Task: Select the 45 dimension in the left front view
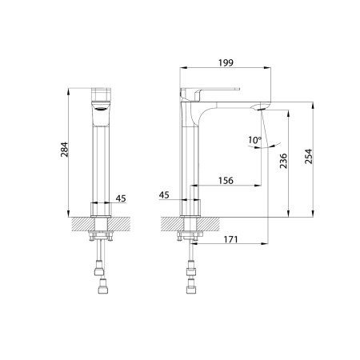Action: [x=121, y=198]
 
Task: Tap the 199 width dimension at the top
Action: [x=226, y=62]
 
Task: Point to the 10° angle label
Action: [x=254, y=140]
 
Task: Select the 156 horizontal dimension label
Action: [x=226, y=181]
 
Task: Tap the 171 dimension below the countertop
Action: [x=230, y=239]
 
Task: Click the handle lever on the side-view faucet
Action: [x=212, y=89]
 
